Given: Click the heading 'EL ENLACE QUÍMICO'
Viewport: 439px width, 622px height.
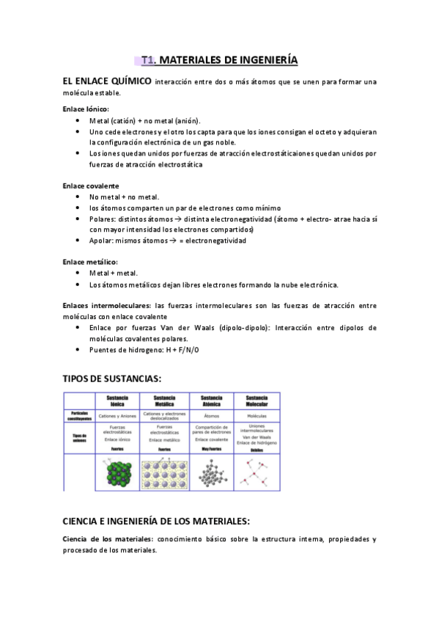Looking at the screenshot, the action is (107, 81).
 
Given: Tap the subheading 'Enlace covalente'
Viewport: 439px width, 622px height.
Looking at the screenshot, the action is (90, 186).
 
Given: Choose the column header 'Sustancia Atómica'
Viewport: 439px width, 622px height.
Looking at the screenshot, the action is (211, 400).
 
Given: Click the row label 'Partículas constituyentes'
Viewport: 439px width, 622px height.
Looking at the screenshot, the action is (81, 415).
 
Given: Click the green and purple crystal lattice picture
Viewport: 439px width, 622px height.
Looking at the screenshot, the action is (117, 472).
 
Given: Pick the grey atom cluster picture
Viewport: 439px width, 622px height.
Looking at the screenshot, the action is (211, 472).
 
